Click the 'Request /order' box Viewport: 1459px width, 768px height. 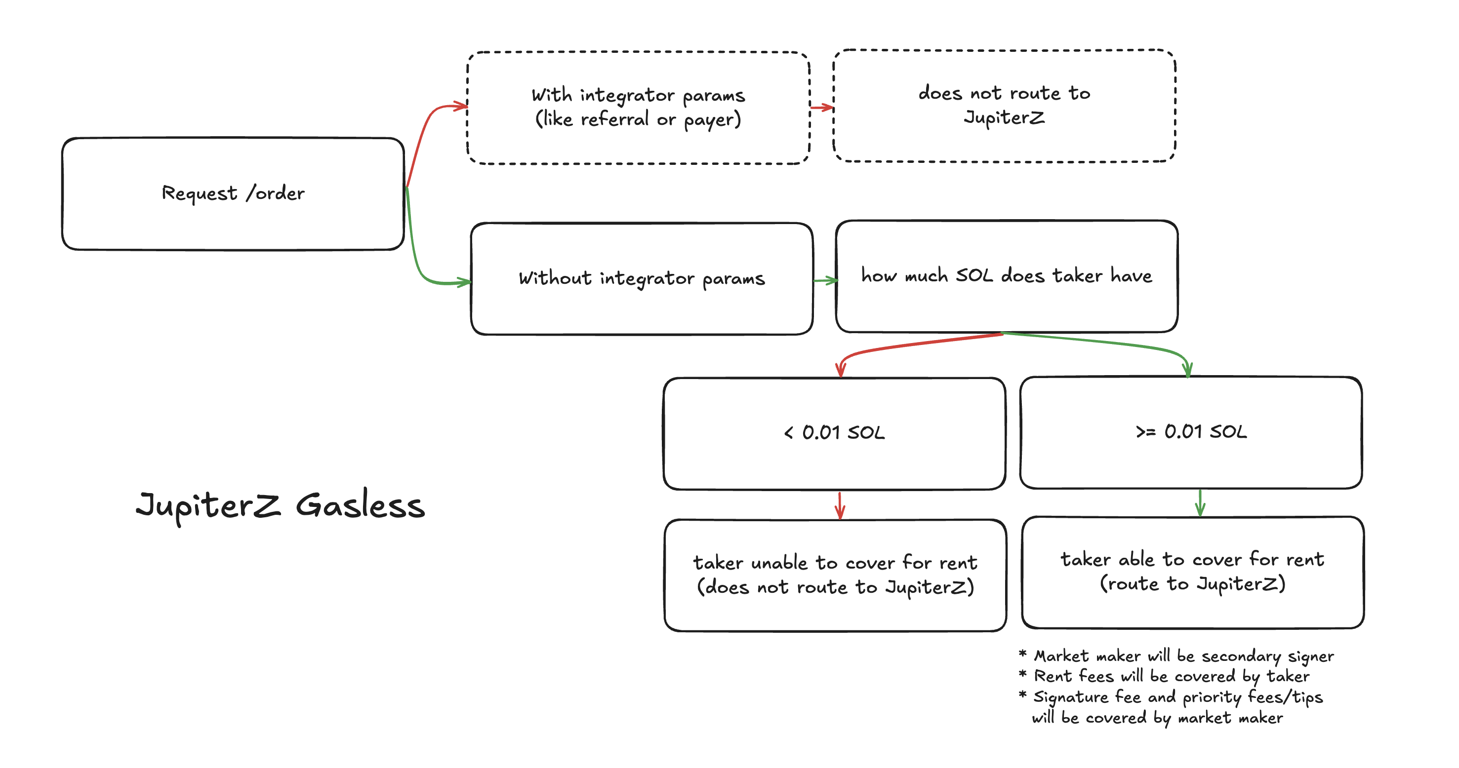233,193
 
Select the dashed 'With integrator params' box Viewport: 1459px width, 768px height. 638,108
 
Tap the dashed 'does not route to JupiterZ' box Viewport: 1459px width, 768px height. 1004,106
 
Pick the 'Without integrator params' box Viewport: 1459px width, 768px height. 642,278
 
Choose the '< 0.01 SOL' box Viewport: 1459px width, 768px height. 834,433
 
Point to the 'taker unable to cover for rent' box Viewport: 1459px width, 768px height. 835,575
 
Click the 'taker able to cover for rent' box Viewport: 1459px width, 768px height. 1193,572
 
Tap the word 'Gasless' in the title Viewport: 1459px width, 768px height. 360,505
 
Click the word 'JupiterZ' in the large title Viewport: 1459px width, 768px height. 208,505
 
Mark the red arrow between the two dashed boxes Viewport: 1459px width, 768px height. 822,107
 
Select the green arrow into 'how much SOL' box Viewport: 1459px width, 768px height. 825,280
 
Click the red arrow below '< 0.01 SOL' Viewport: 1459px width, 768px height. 840,505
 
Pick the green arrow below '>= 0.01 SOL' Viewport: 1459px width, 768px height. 1200,502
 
